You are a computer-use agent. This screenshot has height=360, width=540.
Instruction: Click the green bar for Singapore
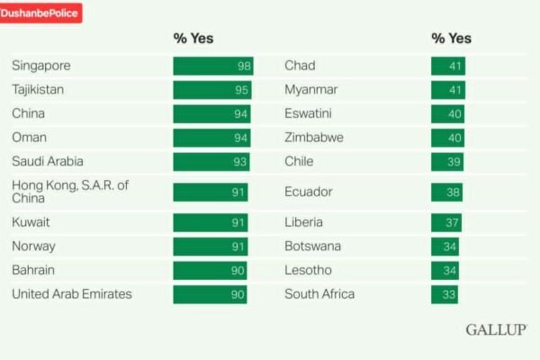tap(213, 66)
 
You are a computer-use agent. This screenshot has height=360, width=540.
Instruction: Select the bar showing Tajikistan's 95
tap(212, 90)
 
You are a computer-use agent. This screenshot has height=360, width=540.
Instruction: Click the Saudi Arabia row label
tap(48, 161)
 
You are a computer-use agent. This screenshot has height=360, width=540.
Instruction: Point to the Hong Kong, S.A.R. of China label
tap(70, 192)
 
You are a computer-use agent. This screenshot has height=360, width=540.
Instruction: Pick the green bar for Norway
tap(210, 246)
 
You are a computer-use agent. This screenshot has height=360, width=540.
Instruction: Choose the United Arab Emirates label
tap(72, 293)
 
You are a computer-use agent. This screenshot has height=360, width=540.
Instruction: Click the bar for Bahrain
tap(210, 270)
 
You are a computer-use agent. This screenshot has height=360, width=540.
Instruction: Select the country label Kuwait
tap(31, 221)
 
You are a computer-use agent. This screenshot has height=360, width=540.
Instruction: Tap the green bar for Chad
tap(448, 66)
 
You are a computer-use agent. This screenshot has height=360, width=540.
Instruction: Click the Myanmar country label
tap(310, 90)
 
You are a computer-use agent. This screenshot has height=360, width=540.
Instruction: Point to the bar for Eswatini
tap(447, 113)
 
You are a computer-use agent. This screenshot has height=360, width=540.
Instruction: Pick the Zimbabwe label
tap(314, 138)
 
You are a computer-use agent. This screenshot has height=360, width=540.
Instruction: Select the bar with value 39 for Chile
tap(447, 161)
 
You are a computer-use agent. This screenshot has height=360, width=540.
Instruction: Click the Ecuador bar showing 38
tap(446, 192)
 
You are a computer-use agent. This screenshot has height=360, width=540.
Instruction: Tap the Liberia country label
tap(303, 221)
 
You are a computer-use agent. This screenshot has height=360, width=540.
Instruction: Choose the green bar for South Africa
tap(445, 293)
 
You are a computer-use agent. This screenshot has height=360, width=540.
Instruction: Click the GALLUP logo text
tap(496, 329)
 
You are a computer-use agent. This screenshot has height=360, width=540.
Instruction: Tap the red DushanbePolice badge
tap(40, 13)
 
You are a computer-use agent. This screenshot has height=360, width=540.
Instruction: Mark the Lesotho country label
tap(308, 270)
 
